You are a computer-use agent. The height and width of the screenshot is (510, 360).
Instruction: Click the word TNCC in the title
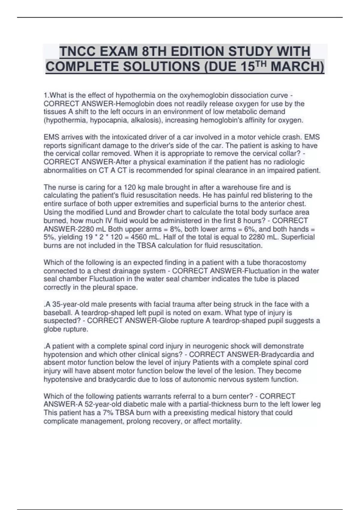pos(78,51)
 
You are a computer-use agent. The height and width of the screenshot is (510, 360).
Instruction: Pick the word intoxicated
pos(129,137)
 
